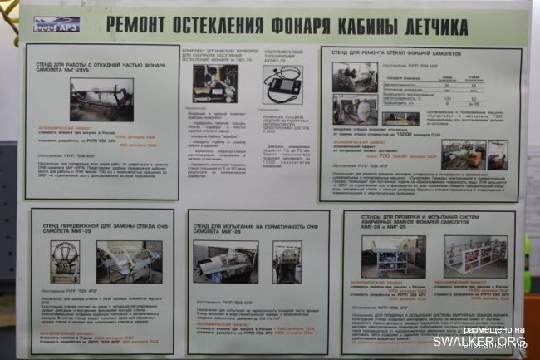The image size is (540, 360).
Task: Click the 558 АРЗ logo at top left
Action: point(56,23)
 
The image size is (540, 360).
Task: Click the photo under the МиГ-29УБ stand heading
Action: point(101,99)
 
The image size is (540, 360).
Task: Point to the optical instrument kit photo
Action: point(215,83)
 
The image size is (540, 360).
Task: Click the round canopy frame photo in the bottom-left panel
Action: point(65,262)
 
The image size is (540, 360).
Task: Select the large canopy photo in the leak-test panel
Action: point(225,262)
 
